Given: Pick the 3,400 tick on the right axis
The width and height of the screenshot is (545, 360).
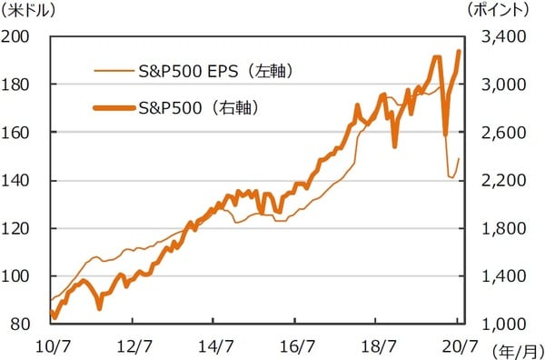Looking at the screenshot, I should point(498,36).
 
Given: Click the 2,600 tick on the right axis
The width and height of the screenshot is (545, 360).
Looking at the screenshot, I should point(498,133).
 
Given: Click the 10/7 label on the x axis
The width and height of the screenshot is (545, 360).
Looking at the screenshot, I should point(51,345).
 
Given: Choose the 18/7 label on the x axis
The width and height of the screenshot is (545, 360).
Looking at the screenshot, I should point(382,345).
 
